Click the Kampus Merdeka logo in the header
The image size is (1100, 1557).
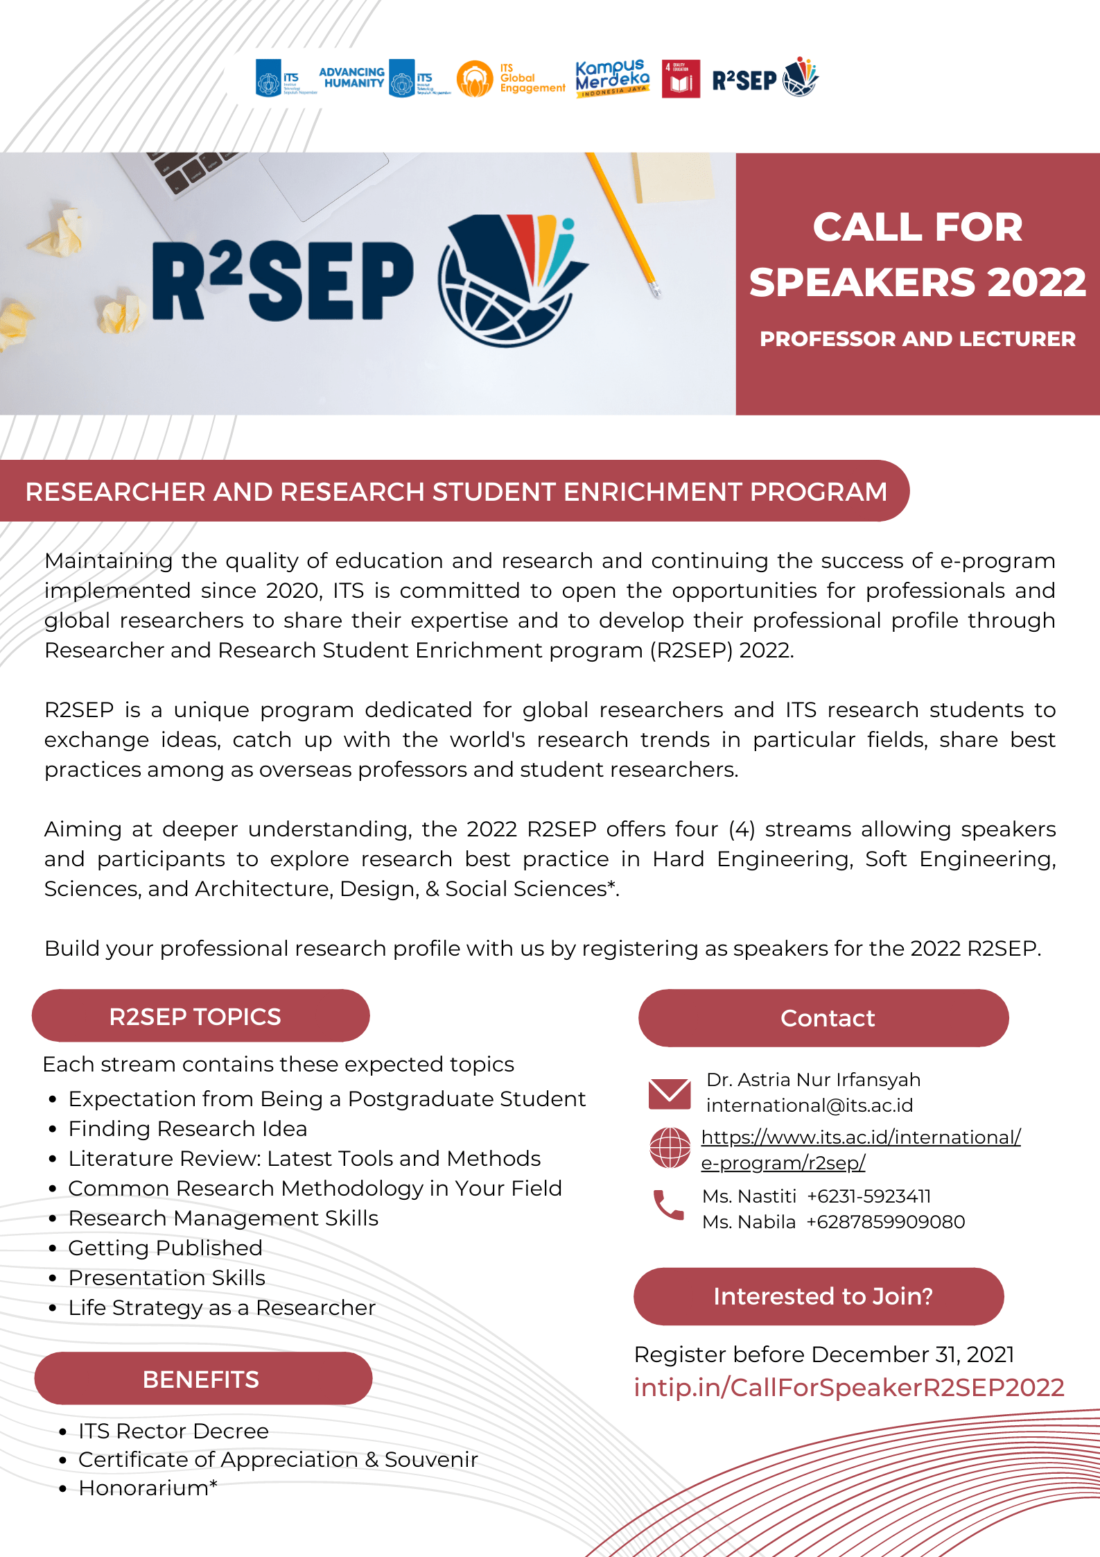coord(612,78)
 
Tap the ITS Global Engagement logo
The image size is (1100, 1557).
coord(511,78)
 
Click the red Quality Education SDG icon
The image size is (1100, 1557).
coord(681,78)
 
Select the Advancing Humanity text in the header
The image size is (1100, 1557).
coord(351,77)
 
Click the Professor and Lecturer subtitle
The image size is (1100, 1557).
coord(918,339)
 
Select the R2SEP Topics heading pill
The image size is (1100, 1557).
coord(200,1016)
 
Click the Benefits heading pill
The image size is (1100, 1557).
coord(203,1379)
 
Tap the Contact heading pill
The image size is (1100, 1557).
coord(823,1017)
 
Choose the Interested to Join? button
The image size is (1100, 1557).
coord(819,1296)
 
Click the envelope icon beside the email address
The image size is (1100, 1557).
coord(669,1094)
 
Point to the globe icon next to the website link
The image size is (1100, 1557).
coord(670,1148)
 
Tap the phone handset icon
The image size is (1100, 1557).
coord(668,1205)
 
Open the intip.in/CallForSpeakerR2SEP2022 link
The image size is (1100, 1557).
coord(848,1388)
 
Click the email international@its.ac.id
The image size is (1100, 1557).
coord(809,1106)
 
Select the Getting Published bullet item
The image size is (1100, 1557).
coord(165,1248)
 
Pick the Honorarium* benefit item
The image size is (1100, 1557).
coord(148,1488)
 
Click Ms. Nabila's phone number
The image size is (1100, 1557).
coord(885,1222)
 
